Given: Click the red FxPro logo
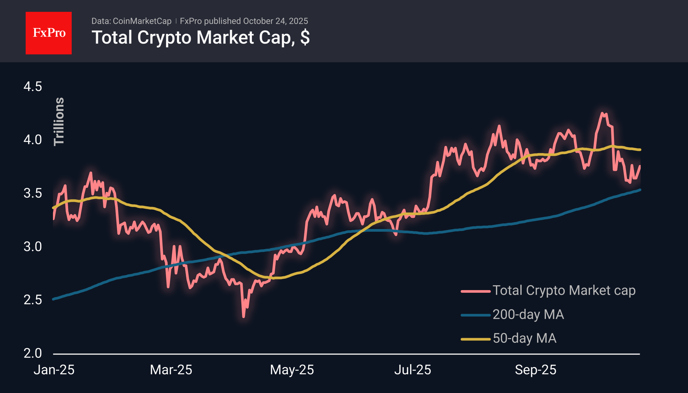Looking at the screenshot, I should pos(49,33).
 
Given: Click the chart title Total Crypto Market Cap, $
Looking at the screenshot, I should pos(200,37).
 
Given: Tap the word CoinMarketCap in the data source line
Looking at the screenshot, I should pos(142,21).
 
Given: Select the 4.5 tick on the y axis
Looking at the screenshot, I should pos(33,87).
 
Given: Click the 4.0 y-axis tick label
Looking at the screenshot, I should pos(33,140).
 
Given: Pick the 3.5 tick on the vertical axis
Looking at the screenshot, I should pos(33,193).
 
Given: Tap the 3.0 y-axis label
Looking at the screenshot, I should pos(33,246).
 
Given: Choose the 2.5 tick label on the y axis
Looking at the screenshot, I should pos(33,300).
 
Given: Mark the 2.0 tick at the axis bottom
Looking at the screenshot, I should pos(33,353).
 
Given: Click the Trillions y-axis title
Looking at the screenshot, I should pos(59,122).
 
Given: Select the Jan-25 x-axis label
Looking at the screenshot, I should pos(54,370).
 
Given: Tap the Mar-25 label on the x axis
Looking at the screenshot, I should pos(171,370).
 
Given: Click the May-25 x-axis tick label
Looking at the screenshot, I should pos(292,370).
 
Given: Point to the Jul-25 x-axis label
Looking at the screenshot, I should pos(413,370).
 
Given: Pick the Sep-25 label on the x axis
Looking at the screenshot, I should pos(535,370).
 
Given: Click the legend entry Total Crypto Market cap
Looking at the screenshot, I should pos(564,290).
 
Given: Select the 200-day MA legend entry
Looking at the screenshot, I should pos(528,314).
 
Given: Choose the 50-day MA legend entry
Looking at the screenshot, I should pos(525,338).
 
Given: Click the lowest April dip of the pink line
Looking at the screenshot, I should pos(243,316).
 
